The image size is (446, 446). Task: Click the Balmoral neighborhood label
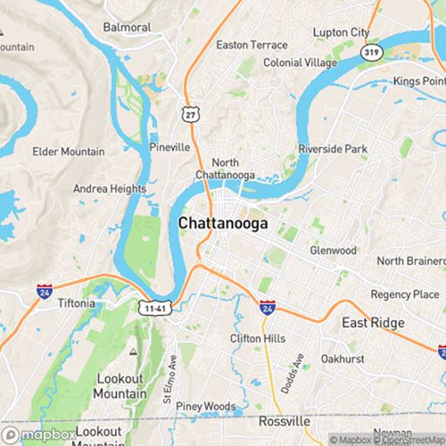click(126, 27)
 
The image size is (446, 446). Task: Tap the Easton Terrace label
click(252, 45)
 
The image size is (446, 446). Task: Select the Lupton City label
click(341, 32)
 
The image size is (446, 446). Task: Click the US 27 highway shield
click(188, 114)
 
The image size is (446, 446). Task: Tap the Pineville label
click(169, 146)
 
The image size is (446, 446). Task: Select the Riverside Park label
click(332, 148)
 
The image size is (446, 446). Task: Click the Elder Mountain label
click(70, 152)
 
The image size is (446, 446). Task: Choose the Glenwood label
click(333, 251)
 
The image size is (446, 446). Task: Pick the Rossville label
click(285, 420)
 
